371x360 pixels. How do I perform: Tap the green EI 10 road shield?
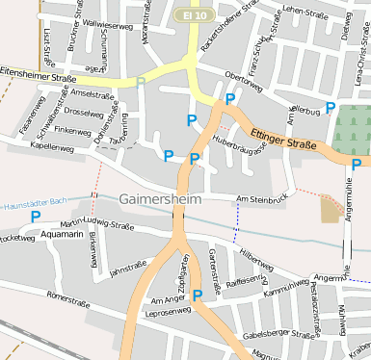pyautogui.click(x=197, y=16)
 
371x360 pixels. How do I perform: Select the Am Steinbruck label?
pyautogui.click(x=262, y=199)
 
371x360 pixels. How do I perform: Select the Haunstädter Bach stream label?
pyautogui.click(x=31, y=204)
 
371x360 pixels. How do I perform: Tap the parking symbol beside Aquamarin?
pyautogui.click(x=36, y=217)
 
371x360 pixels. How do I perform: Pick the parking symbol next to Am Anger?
pyautogui.click(x=198, y=296)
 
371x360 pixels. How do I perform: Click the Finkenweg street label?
pyautogui.click(x=72, y=130)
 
